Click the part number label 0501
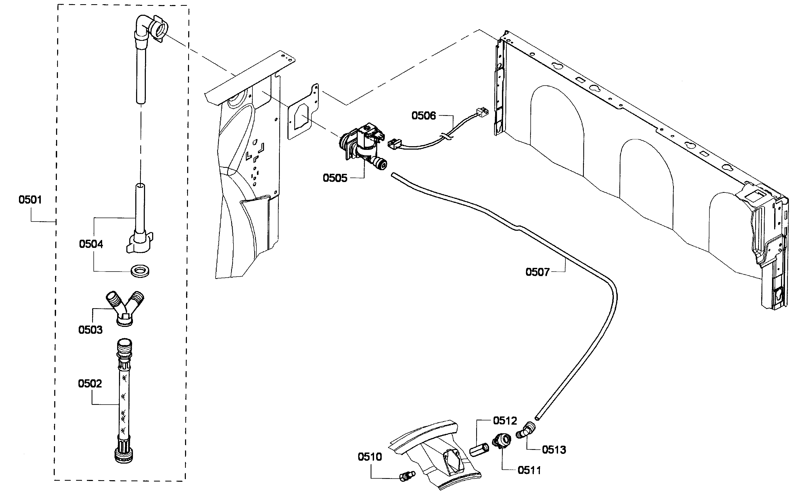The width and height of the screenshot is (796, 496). coord(30,200)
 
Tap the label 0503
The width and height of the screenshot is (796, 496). coord(91,330)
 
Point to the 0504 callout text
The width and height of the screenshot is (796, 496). coord(91,244)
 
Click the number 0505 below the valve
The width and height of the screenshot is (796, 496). coord(335,178)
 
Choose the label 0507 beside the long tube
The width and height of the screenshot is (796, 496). coord(538,272)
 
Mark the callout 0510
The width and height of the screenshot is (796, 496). coord(370,457)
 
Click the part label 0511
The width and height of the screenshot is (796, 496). coord(529,470)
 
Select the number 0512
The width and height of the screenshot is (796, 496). coord(505,421)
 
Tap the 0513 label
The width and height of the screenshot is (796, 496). coord(554,450)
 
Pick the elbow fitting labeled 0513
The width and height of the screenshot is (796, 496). coord(526,430)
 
